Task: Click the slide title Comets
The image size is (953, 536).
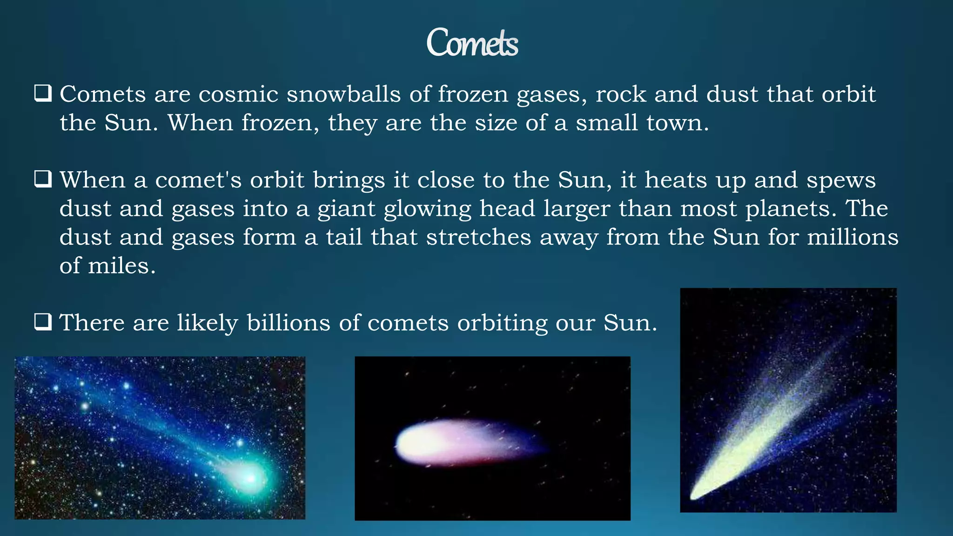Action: click(472, 43)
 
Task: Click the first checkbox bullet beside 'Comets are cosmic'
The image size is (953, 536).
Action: click(42, 94)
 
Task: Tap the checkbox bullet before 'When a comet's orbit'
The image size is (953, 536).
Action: click(42, 179)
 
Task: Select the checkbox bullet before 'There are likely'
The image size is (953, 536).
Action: click(42, 322)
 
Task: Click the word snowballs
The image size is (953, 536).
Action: click(343, 94)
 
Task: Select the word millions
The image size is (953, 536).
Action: click(852, 237)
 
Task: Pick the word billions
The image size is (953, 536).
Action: click(288, 323)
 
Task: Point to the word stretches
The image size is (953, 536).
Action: click(478, 237)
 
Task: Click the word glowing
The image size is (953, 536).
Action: click(428, 209)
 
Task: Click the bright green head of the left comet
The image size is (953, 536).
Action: click(250, 478)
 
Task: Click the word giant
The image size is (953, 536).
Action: click(346, 209)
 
